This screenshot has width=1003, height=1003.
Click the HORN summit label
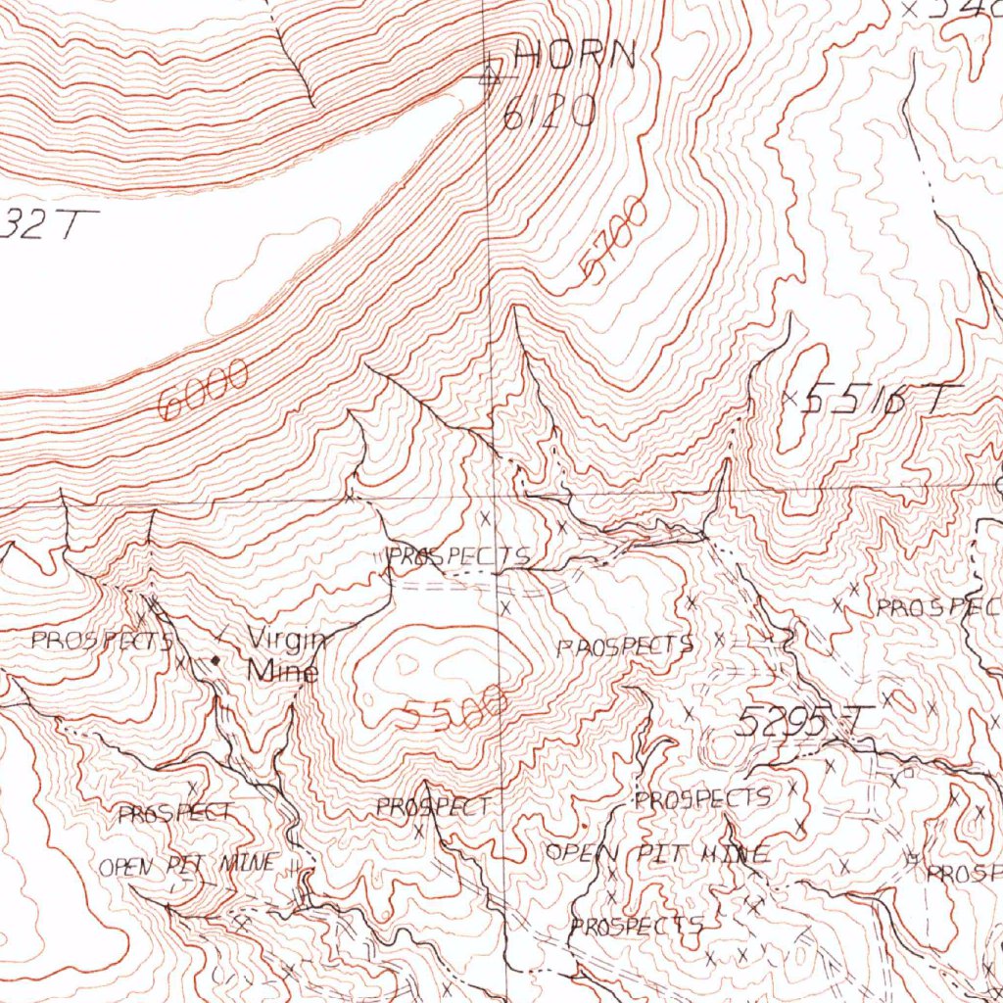(x=576, y=55)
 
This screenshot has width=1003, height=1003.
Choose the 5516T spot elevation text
(x=880, y=399)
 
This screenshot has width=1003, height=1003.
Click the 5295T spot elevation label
(x=801, y=723)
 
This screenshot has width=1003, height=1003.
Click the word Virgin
(x=285, y=640)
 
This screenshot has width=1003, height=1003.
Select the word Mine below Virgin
(x=282, y=672)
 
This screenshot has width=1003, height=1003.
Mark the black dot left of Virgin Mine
(x=216, y=660)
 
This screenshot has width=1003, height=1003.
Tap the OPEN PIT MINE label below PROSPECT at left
(x=188, y=866)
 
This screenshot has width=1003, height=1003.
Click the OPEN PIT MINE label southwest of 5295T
(x=656, y=853)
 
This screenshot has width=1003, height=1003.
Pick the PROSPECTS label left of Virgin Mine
(x=102, y=643)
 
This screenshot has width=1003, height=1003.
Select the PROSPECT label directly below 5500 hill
(x=433, y=808)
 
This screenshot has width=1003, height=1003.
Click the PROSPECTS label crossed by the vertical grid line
(x=458, y=556)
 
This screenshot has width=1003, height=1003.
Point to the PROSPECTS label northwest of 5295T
(x=625, y=645)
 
